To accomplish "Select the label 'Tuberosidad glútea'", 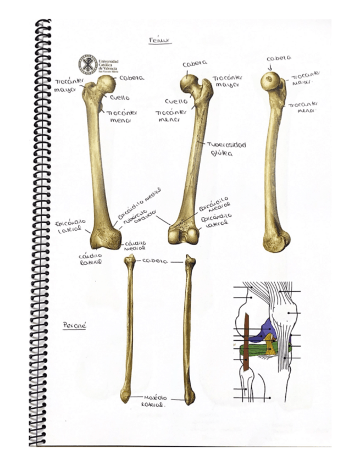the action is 226,149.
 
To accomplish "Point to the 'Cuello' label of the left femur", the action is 119,98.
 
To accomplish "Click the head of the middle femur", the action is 189,83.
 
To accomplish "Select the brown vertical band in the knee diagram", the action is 247,341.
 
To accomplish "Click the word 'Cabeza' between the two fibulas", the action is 154,260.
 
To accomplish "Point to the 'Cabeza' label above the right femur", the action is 278,58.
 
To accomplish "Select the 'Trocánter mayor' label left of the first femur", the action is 68,86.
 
